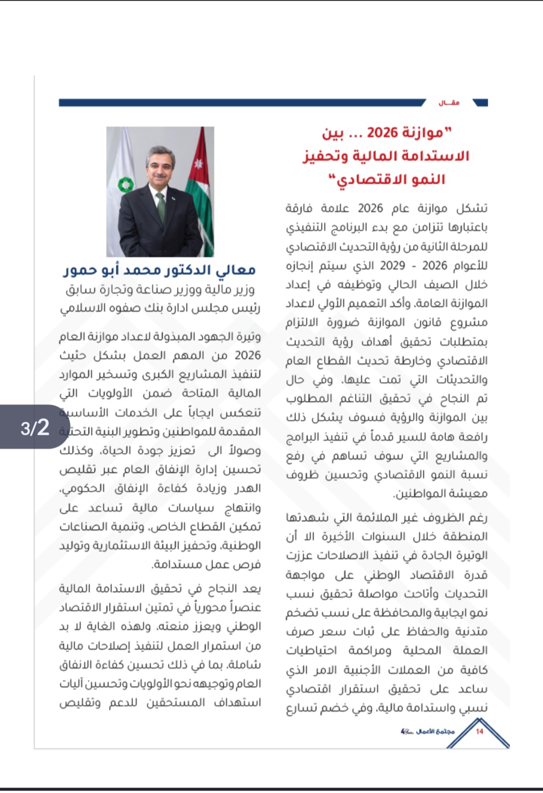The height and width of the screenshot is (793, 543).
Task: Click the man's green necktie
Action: [x=160, y=206]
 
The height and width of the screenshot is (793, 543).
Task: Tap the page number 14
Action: [x=479, y=731]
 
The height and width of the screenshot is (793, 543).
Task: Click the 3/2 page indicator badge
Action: [x=35, y=428]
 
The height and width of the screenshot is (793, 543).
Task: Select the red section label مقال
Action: [x=449, y=103]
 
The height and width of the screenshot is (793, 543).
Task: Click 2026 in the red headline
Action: [x=382, y=133]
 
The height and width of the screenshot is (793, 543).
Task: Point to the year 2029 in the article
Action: [x=393, y=265]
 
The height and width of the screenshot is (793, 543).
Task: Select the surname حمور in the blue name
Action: [x=79, y=270]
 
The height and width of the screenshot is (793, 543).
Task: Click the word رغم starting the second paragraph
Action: [x=478, y=517]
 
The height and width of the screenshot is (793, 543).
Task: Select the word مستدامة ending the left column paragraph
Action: [x=173, y=565]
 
